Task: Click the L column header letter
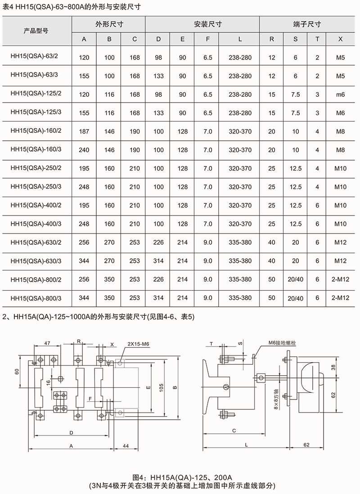240,39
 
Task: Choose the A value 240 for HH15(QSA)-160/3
84,150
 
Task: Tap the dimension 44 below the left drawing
126,445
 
